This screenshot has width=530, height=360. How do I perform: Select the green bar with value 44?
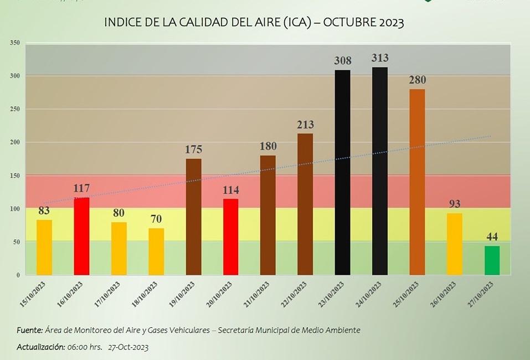pyautogui.click(x=492, y=260)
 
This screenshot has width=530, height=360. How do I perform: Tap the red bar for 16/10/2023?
pyautogui.click(x=81, y=236)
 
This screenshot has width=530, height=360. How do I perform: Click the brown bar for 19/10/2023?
pyautogui.click(x=193, y=217)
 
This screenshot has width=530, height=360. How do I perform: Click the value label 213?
pyautogui.click(x=305, y=125)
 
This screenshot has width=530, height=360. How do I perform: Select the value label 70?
pyautogui.click(x=156, y=219)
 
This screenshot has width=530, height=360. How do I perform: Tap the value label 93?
pyautogui.click(x=455, y=204)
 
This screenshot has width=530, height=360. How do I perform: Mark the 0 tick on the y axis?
pyautogui.click(x=18, y=275)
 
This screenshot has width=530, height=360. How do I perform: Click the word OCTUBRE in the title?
pyautogui.click(x=349, y=23)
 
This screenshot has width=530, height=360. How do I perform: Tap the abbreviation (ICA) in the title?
pyautogui.click(x=297, y=23)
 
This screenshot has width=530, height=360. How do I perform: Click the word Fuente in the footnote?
pyautogui.click(x=29, y=330)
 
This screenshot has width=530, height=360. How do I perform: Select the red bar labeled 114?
pyautogui.click(x=231, y=236)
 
